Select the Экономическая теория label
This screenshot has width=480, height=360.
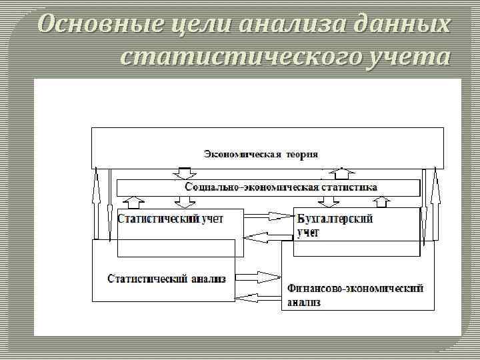tap(261, 154)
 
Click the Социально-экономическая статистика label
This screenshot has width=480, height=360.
tap(281, 187)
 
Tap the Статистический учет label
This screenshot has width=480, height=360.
tap(170, 218)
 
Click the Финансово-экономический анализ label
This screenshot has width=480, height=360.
tap(355, 295)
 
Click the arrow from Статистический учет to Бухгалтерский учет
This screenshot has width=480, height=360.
tap(270, 215)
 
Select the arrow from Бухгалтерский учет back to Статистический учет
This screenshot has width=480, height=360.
tap(268, 235)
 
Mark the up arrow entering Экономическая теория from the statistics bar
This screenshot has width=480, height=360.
tap(342, 174)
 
